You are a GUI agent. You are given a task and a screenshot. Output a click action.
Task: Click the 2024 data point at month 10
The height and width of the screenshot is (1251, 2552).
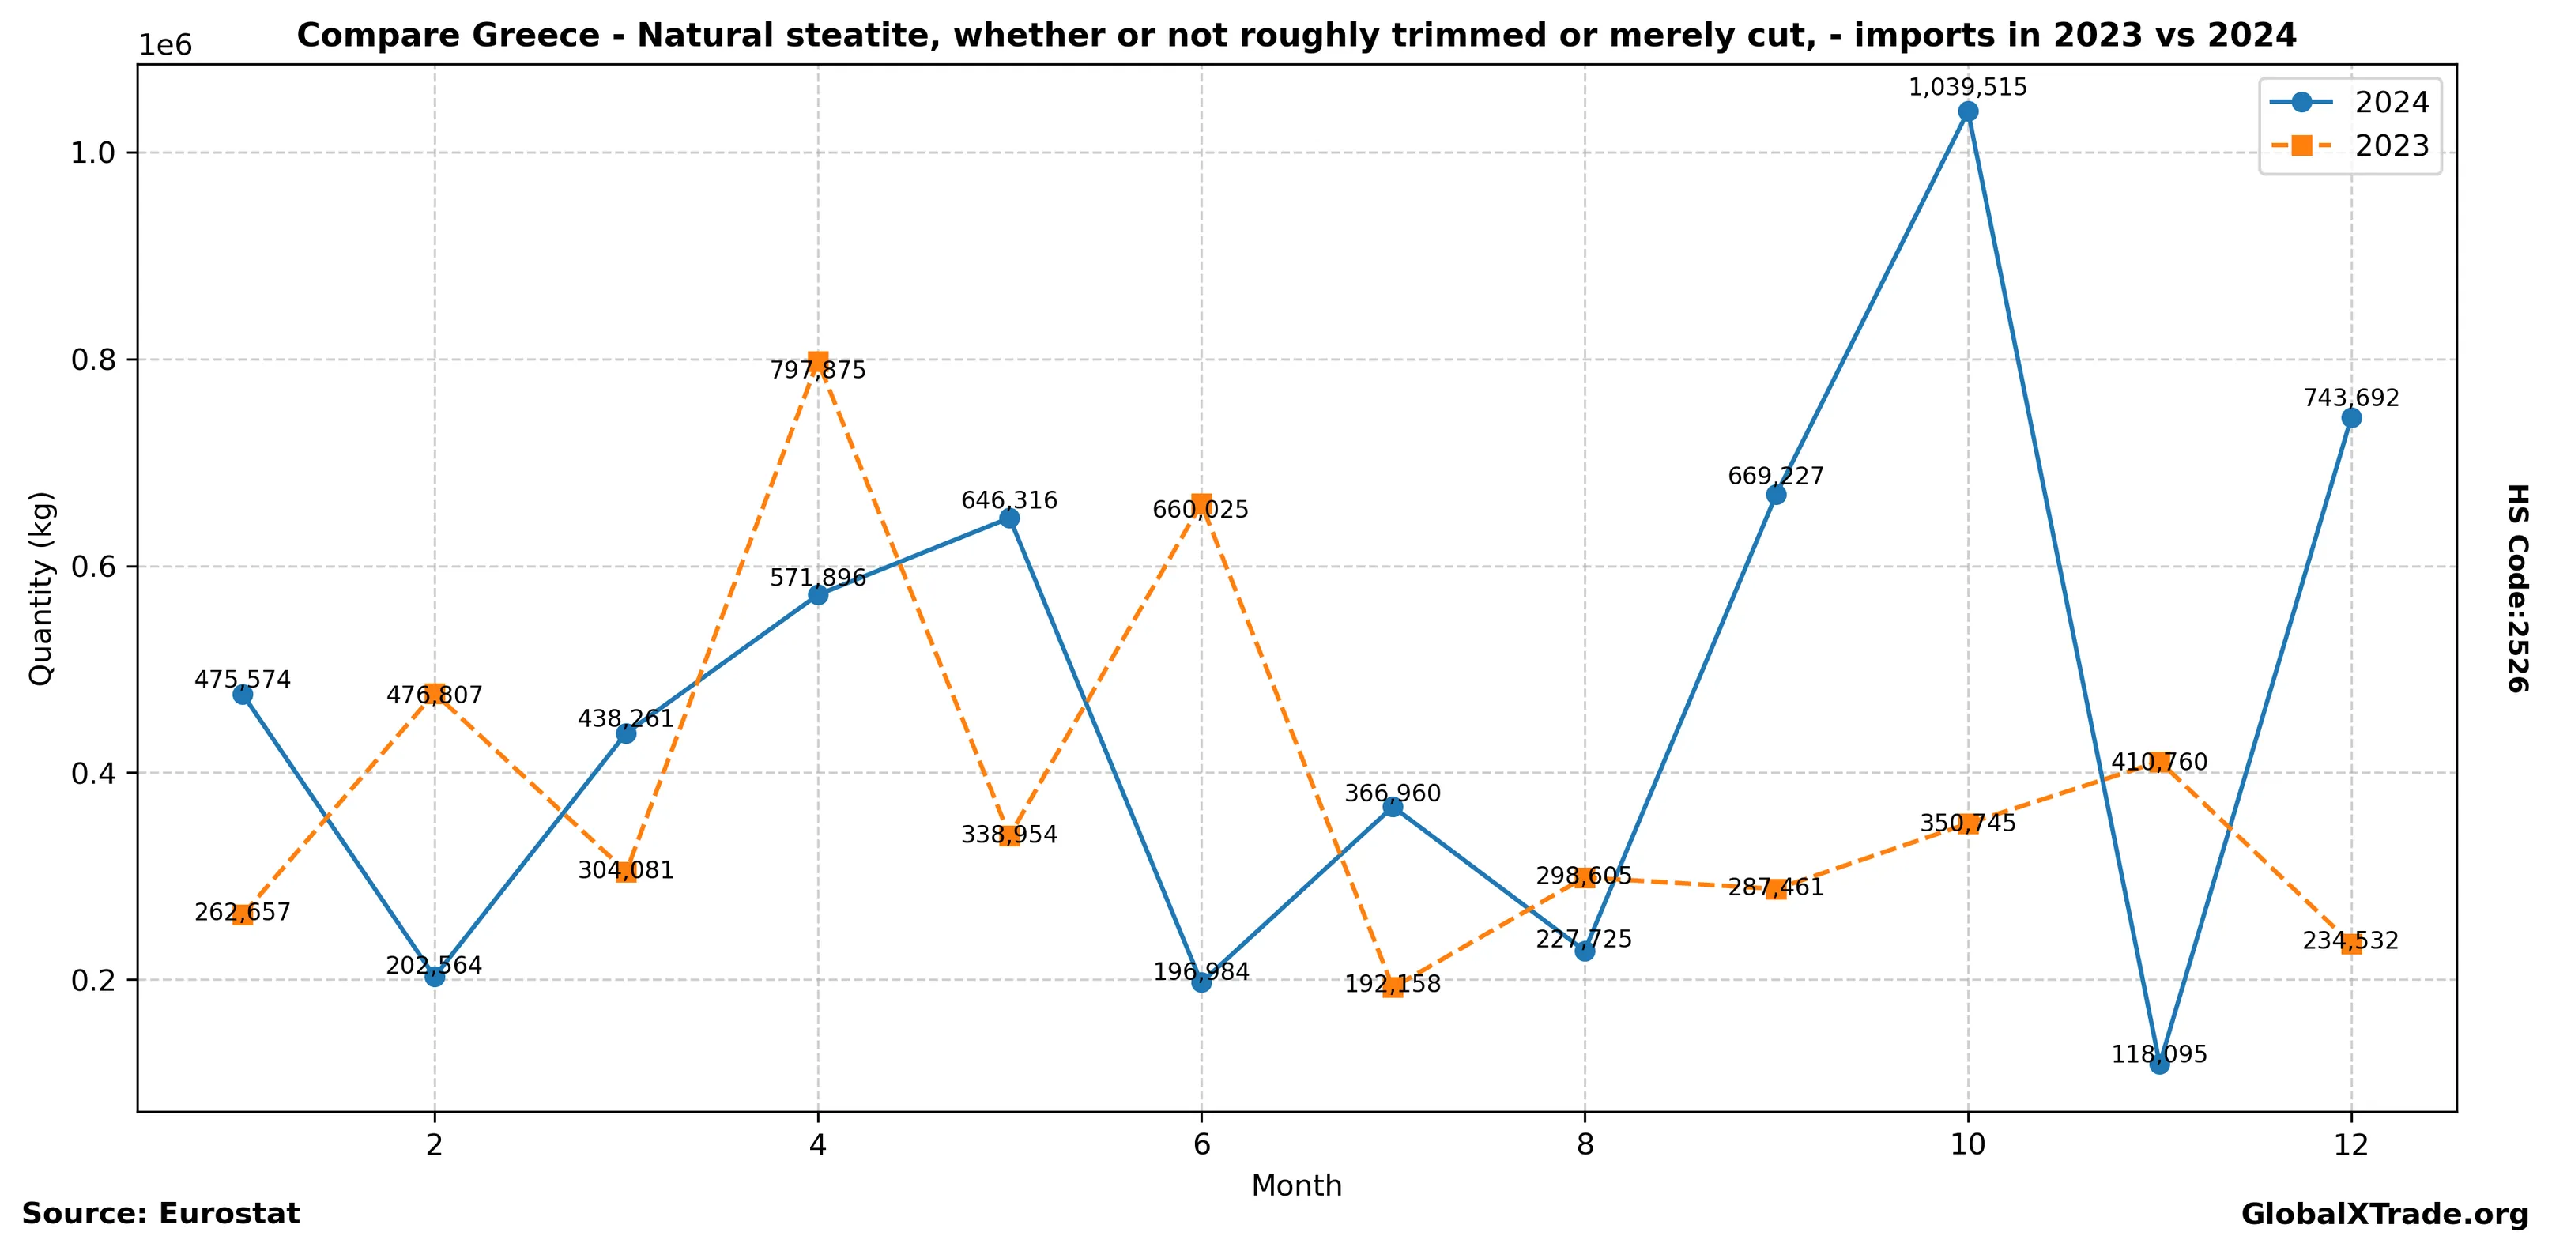(x=1967, y=111)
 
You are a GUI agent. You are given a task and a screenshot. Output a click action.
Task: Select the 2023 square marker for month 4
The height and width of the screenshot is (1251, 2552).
(x=817, y=360)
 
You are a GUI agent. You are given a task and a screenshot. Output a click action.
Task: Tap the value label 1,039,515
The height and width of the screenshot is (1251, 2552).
(x=1967, y=87)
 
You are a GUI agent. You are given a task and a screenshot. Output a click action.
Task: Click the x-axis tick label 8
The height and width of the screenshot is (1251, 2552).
(x=1584, y=1145)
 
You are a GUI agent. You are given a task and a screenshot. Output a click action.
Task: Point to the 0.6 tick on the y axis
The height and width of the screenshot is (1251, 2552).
(x=95, y=567)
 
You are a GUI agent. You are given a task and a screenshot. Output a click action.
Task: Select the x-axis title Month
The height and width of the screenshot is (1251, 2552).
(x=1296, y=1185)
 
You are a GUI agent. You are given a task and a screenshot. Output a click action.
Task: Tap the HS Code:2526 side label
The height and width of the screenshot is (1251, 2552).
(x=2517, y=588)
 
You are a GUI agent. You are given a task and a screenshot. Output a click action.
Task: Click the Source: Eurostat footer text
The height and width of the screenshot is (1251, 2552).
(x=160, y=1213)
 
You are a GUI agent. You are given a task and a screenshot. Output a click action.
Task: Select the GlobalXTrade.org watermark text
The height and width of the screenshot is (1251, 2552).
(x=2384, y=1215)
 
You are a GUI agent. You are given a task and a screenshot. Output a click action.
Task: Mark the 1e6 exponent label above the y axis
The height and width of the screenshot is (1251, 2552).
(x=164, y=46)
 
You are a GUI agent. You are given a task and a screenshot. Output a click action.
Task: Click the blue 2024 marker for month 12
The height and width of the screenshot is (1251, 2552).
(x=2351, y=418)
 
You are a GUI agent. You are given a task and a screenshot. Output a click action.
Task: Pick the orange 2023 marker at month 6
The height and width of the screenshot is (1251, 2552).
(x=1201, y=504)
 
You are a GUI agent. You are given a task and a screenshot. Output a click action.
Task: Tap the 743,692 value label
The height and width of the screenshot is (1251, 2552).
(x=2351, y=398)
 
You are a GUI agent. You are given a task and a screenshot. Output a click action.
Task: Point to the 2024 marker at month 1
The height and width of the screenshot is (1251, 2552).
(x=243, y=695)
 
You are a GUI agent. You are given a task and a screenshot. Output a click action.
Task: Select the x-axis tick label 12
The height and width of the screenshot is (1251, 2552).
(x=2351, y=1145)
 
